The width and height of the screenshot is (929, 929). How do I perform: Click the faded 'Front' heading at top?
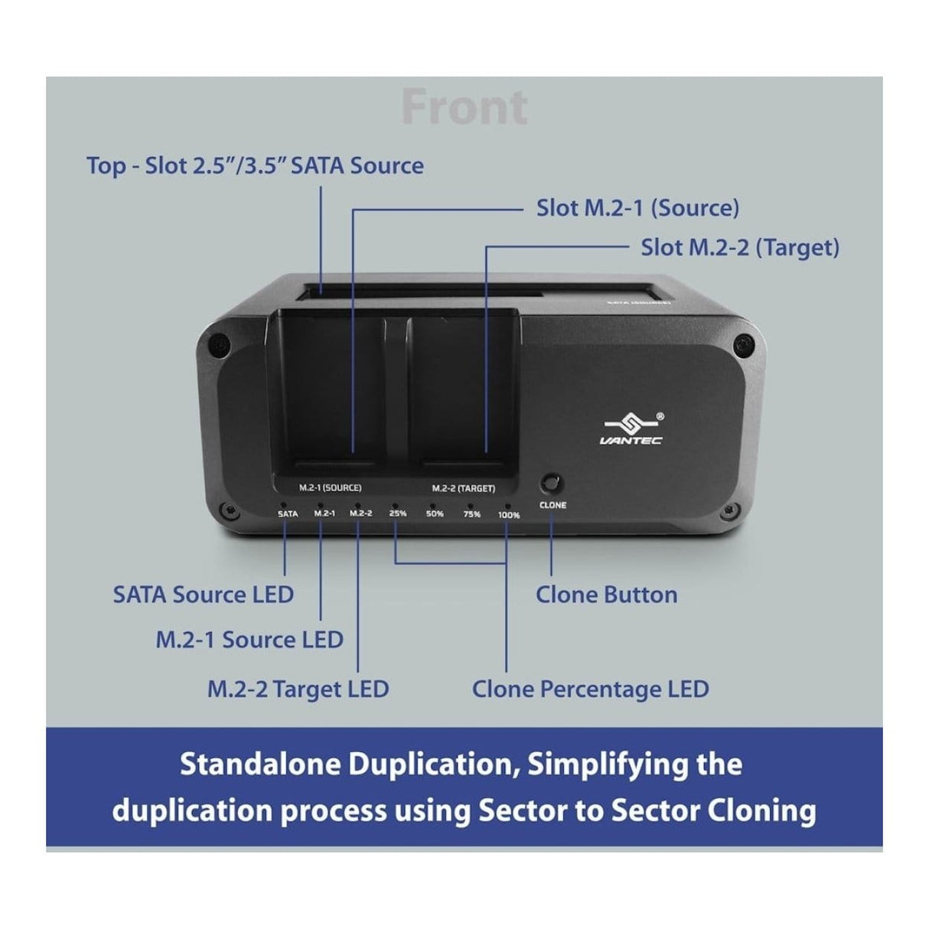tap(464, 108)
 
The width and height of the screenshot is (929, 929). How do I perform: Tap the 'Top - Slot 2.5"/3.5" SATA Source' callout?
tap(255, 166)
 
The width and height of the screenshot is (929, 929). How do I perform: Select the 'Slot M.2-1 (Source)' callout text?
tap(637, 208)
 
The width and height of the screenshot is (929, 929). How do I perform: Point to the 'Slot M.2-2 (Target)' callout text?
tap(739, 248)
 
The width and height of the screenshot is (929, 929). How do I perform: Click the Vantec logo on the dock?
tap(631, 429)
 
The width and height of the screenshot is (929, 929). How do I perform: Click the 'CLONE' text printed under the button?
tap(553, 505)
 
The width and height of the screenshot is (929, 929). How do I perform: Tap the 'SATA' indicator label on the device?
tap(288, 514)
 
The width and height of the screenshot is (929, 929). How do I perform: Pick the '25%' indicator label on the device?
tap(398, 513)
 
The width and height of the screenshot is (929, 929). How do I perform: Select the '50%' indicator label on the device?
tap(435, 514)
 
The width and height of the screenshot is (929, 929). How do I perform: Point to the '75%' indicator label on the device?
tap(471, 514)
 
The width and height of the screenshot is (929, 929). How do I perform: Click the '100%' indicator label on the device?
tap(509, 515)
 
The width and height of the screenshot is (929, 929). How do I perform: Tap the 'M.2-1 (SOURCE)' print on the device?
tap(330, 487)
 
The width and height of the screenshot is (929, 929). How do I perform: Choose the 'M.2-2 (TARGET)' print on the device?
tap(463, 488)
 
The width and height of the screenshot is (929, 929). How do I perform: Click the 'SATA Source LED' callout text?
tap(204, 595)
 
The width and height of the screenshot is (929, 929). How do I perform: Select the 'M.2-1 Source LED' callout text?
tap(249, 640)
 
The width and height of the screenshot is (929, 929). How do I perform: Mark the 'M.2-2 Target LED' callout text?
tap(298, 689)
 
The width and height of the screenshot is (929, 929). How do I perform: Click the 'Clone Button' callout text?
tap(606, 595)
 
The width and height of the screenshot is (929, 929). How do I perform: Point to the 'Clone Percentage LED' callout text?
tap(590, 689)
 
